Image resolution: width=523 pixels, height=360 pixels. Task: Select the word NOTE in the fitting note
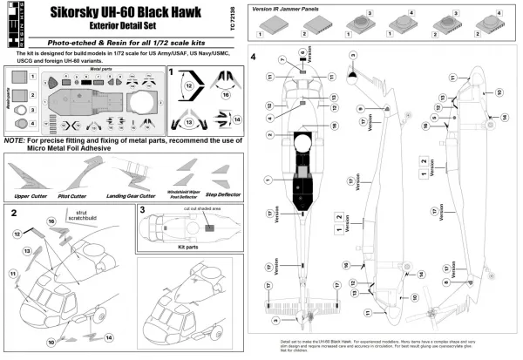[x=15, y=139]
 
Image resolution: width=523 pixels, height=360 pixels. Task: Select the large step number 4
[x=252, y=58]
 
